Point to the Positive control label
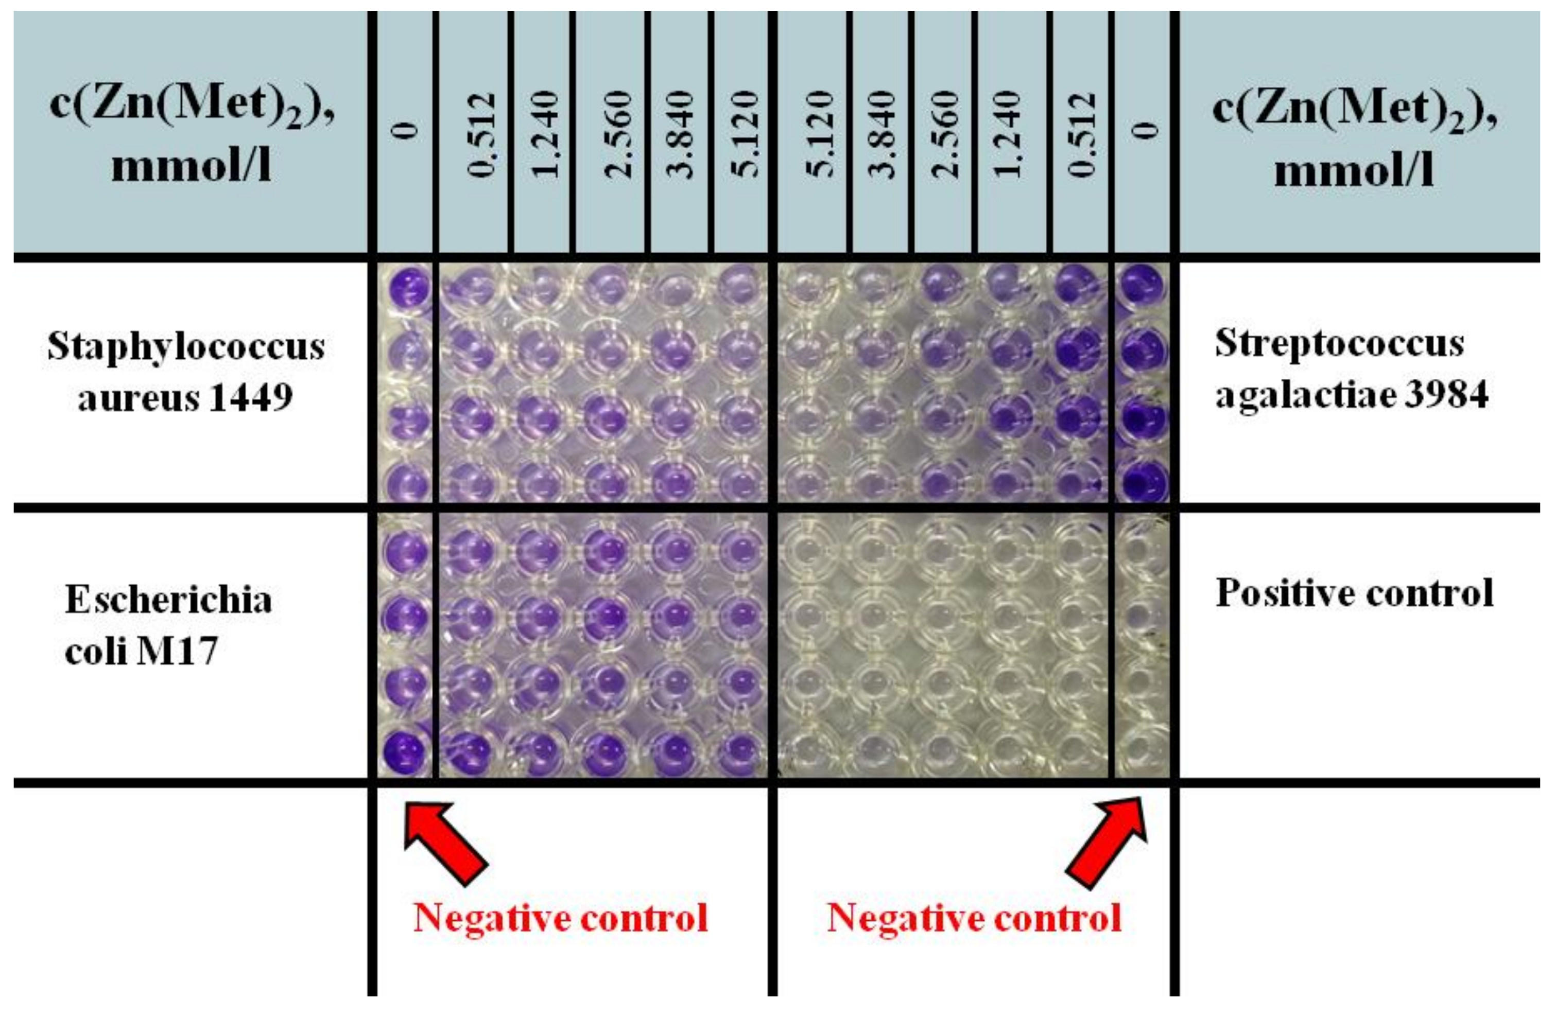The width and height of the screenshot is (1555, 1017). pyautogui.click(x=1354, y=593)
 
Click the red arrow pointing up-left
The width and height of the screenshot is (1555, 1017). pyautogui.click(x=446, y=842)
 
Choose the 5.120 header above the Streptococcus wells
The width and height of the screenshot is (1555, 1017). pyautogui.click(x=817, y=134)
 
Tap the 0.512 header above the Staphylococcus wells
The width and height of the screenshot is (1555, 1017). pyautogui.click(x=481, y=134)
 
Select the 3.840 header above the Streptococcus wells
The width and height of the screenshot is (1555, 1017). pyautogui.click(x=882, y=134)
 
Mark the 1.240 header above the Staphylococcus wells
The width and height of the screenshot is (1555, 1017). pyautogui.click(x=544, y=134)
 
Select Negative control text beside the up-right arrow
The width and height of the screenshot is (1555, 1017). pyautogui.click(x=974, y=918)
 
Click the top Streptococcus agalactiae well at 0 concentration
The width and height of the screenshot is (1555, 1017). pyautogui.click(x=1143, y=286)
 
